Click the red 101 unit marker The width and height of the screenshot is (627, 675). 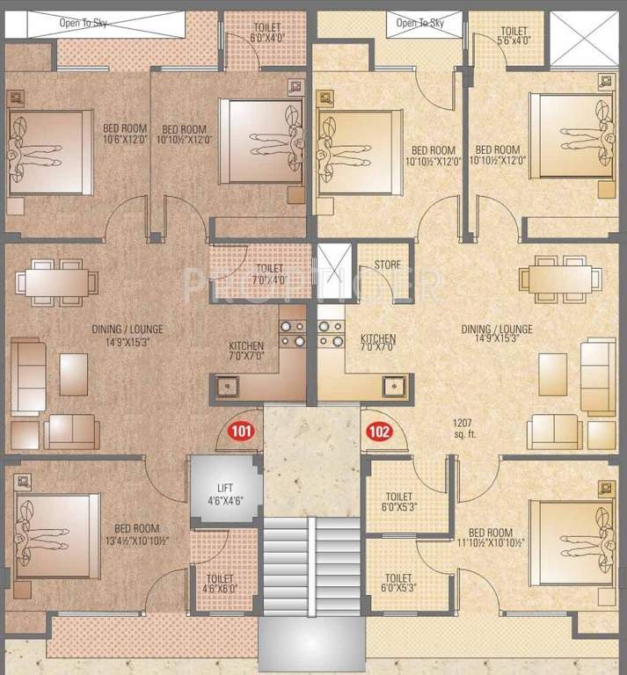pos(241,432)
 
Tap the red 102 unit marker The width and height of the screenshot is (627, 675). pos(379,432)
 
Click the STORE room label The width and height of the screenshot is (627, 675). pos(387,264)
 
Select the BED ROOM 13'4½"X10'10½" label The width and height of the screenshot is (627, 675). pos(137,534)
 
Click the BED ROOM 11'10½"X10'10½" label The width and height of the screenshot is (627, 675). pos(491,539)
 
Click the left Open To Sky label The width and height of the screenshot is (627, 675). pos(84,23)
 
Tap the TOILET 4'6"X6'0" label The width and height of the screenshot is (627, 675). pos(220,584)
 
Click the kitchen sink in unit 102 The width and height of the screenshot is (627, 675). pos(392,384)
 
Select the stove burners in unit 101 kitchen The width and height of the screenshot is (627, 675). pos(292,333)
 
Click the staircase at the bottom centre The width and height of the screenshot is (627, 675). pos(313,571)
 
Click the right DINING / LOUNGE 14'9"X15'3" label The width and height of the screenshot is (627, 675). pos(497,335)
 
